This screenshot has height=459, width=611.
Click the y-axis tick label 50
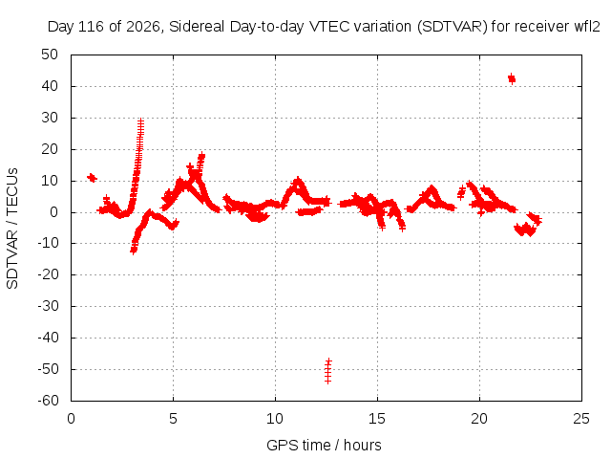(x=50, y=55)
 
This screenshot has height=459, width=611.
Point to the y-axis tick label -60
(x=48, y=401)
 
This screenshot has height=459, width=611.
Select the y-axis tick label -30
(x=48, y=306)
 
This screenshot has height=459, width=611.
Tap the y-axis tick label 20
(x=50, y=149)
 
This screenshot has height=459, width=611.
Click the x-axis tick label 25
(x=581, y=419)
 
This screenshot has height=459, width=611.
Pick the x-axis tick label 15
(x=377, y=419)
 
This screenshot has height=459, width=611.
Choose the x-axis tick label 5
(x=173, y=419)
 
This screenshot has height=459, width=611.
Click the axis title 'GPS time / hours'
(x=324, y=445)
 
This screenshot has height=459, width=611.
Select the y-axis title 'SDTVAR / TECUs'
(x=12, y=229)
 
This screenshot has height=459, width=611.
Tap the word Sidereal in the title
(x=197, y=27)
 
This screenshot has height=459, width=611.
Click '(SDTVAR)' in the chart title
(x=452, y=27)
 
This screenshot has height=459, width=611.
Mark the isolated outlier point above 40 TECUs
(x=512, y=78)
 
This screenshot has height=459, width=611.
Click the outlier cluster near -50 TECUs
(x=328, y=370)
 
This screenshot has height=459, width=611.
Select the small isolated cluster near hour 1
(x=92, y=178)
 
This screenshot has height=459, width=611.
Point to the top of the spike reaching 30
(x=140, y=120)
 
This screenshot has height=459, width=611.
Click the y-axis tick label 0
(x=53, y=212)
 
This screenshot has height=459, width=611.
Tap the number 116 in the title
(x=92, y=27)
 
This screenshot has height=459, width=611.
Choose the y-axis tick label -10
(x=48, y=243)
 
